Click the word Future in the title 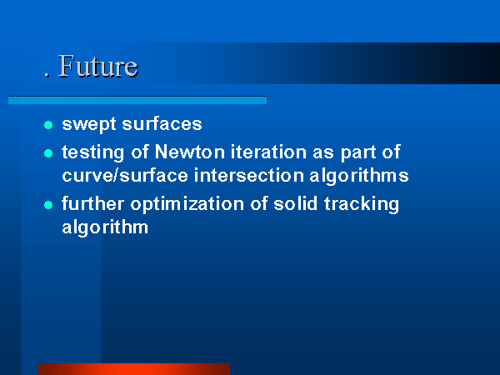coord(98,66)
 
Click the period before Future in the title coord(47,76)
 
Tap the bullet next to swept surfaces coord(48,125)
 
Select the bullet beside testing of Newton coord(48,153)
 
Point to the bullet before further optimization coord(48,205)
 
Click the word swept coord(89,124)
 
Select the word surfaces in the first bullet coord(162,123)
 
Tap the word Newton coord(190,152)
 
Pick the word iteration coord(269,152)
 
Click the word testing coord(92,152)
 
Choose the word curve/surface coord(125,175)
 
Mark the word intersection coord(249,175)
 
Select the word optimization coord(187,204)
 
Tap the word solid coord(296,203)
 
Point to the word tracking coord(362,204)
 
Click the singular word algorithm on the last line coord(105,227)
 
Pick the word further coord(92,203)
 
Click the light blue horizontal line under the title coord(137,100)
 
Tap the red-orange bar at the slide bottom coord(134,369)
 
